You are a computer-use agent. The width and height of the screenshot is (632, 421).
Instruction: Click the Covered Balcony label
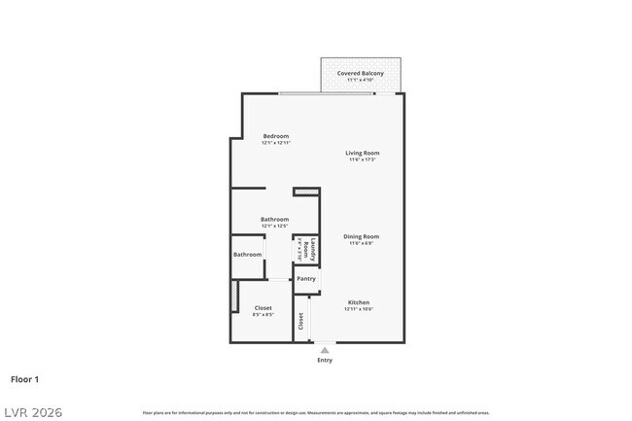tap(360, 73)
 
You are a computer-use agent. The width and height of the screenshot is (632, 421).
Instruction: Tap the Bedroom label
tap(276, 136)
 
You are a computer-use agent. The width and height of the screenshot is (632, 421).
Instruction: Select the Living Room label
tap(362, 153)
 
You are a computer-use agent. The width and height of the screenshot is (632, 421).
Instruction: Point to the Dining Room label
tap(361, 236)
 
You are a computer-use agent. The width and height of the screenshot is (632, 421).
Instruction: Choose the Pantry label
tap(306, 279)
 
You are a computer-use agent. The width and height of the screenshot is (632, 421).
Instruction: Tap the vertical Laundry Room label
tap(306, 250)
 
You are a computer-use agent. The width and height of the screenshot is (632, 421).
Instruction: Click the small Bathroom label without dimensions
tap(247, 255)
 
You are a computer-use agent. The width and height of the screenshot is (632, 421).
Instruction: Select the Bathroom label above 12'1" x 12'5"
tap(275, 220)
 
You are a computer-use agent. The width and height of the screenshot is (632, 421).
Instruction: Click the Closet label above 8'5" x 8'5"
tap(263, 308)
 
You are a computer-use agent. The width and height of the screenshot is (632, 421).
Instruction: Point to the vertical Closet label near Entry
tap(301, 322)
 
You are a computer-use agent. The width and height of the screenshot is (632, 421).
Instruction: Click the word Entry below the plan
tap(325, 361)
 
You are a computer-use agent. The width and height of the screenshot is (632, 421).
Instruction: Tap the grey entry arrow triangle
tap(325, 350)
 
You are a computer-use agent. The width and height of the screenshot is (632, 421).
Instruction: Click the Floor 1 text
tap(24, 378)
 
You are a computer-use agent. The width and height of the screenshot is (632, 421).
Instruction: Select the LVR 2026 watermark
tap(32, 412)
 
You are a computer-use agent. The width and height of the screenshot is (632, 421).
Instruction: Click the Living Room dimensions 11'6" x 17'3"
tap(362, 159)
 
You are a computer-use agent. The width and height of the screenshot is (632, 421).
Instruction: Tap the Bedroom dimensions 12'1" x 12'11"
tap(276, 143)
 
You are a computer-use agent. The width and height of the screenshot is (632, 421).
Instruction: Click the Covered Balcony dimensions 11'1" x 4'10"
tap(360, 80)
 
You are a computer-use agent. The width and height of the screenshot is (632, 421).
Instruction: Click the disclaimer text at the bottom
tap(316, 413)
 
